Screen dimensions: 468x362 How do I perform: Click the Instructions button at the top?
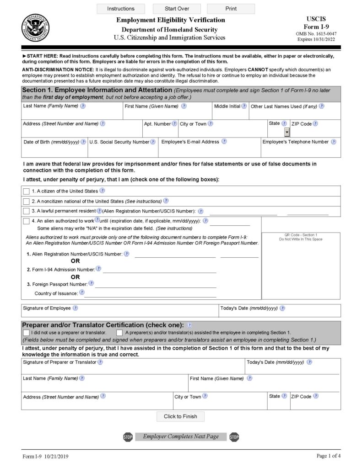point(121,9)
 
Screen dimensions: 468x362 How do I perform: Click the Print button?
point(231,9)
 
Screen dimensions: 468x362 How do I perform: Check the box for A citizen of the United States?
point(26,191)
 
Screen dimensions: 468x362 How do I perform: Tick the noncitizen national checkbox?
point(26,201)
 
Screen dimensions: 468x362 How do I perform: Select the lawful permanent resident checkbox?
point(26,211)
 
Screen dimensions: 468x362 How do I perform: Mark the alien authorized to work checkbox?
point(26,221)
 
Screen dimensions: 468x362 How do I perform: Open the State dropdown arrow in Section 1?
point(287,133)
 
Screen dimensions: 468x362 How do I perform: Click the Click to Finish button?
point(180,416)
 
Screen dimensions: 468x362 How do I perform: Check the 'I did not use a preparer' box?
point(26,333)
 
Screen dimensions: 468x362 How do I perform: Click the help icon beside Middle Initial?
point(244,106)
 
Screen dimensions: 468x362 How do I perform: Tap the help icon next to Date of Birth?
point(83,142)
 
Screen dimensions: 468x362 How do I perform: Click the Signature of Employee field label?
point(47,308)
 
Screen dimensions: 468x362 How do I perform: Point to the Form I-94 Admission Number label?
point(63,270)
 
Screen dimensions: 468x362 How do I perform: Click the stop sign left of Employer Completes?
point(128,437)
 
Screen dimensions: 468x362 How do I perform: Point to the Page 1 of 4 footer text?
point(328,456)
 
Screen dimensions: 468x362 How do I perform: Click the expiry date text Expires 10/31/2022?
point(316,40)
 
